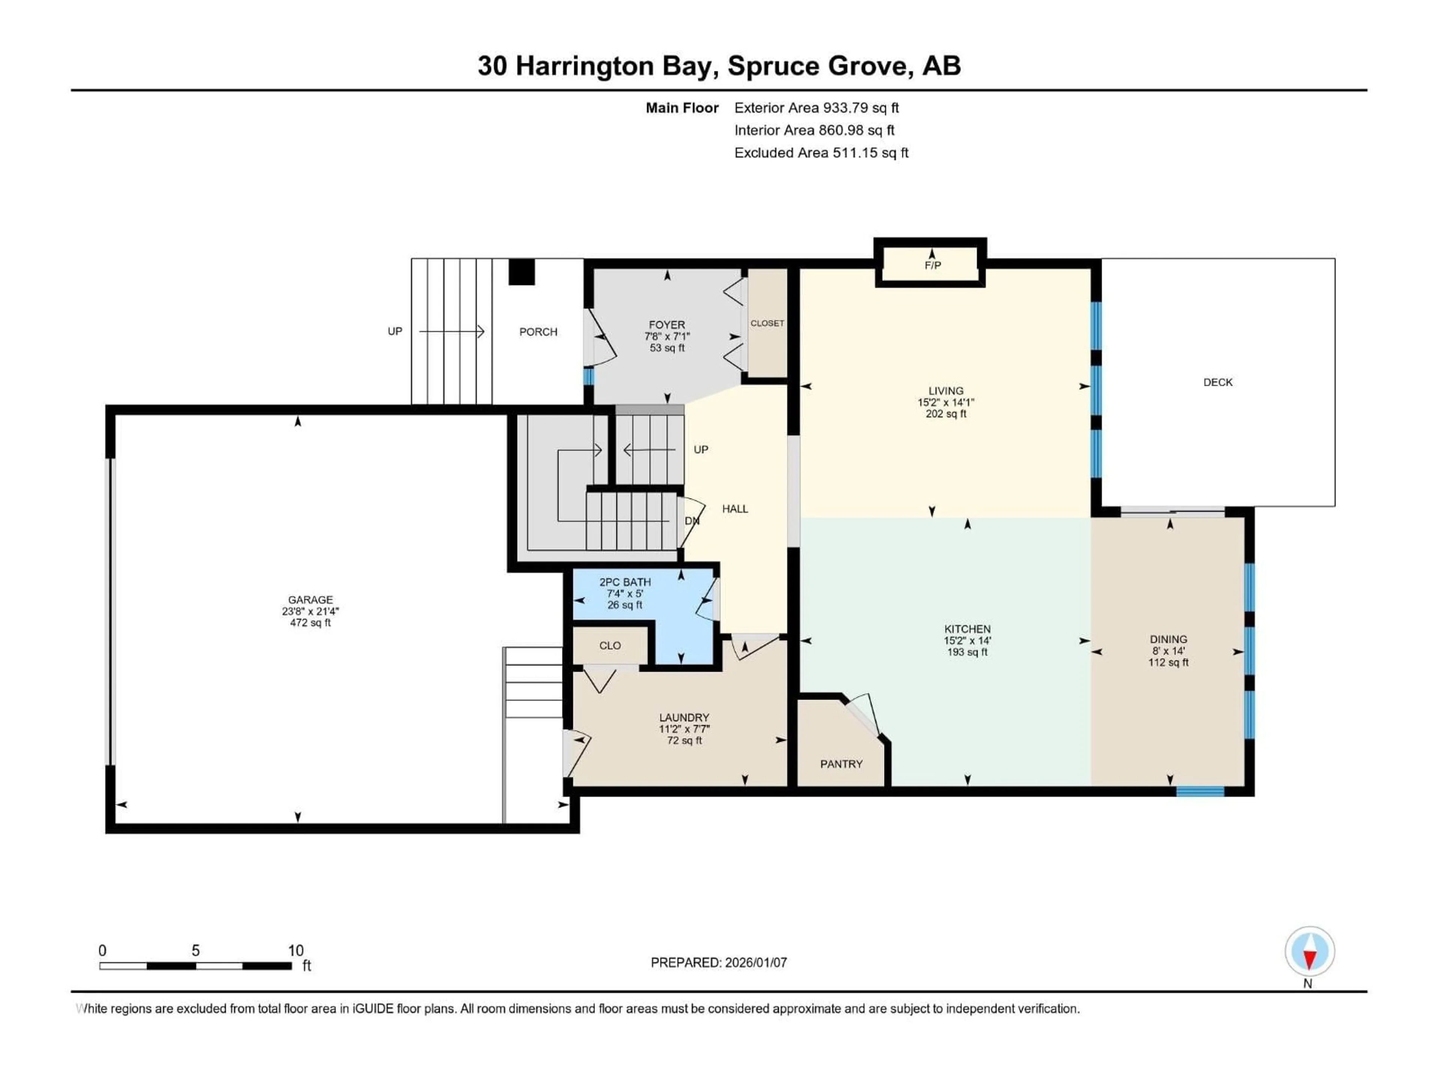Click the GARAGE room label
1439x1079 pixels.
pos(310,600)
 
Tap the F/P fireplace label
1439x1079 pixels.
pos(932,265)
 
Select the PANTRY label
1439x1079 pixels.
pos(841,764)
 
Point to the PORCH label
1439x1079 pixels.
pos(538,332)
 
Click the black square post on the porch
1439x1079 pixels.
pos(521,272)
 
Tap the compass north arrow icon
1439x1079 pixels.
pos(1310,952)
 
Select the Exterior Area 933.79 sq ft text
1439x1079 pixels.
pos(817,108)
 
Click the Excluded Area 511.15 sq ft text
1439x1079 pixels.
pos(821,153)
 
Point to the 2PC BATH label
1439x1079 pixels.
pos(625,582)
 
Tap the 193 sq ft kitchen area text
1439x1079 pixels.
pos(967,652)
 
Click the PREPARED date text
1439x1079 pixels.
pos(719,962)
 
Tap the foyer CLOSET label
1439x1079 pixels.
pos(767,323)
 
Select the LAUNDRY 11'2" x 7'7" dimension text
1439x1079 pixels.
pos(684,729)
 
